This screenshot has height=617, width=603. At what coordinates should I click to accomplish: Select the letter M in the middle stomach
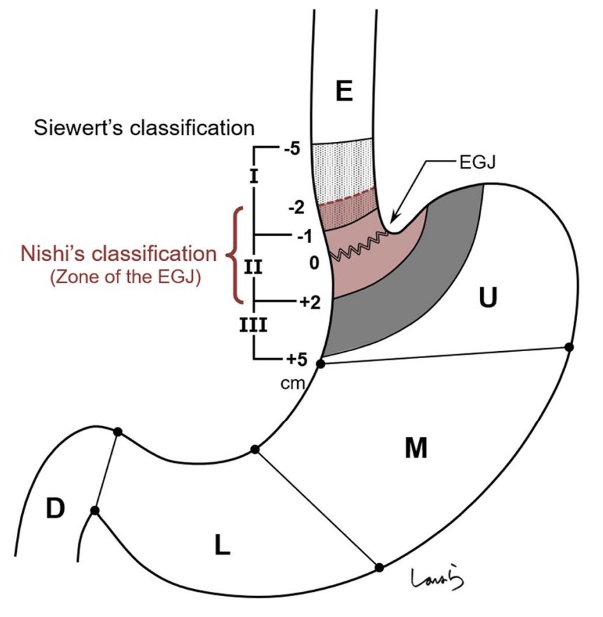pyautogui.click(x=416, y=448)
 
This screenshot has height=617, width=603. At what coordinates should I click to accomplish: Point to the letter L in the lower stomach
pyautogui.click(x=222, y=545)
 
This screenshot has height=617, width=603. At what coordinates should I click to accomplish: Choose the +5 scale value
pyautogui.click(x=295, y=360)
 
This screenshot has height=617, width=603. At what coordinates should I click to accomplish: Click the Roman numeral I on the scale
pyautogui.click(x=253, y=176)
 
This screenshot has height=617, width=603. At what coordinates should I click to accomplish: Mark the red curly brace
pyautogui.click(x=235, y=255)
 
